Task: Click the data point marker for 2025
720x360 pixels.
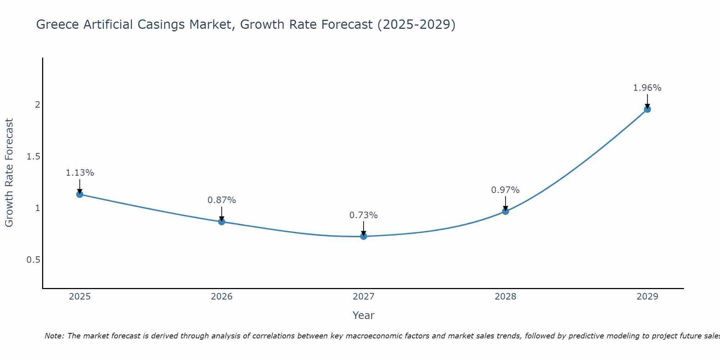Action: coord(80,194)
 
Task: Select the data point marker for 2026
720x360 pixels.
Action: coord(222,222)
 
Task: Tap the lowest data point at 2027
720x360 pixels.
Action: coord(364,236)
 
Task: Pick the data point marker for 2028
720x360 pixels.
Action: coord(505,211)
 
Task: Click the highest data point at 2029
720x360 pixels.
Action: coord(647,109)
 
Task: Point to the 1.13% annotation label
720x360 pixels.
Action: coord(80,173)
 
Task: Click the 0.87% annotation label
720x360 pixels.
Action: coord(222,200)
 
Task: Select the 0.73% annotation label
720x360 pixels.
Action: coord(364,215)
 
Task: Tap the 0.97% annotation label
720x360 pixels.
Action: coord(505,190)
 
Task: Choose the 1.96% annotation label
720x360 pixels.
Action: coord(647,88)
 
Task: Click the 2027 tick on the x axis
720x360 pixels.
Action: coord(364,297)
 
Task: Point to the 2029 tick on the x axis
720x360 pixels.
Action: coord(647,297)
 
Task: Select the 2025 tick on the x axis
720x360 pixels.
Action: coord(80,297)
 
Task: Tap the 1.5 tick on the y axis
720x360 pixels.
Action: coord(33,157)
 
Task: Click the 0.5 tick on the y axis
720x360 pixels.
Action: coord(33,260)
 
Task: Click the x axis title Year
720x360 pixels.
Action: coord(364,315)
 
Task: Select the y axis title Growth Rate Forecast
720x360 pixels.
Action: coord(9,173)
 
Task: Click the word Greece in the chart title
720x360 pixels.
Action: coord(58,24)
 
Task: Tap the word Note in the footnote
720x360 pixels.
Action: coord(54,336)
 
